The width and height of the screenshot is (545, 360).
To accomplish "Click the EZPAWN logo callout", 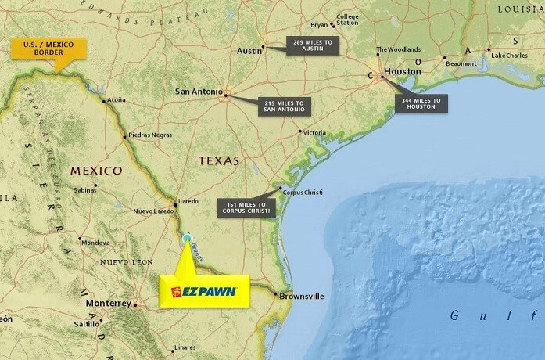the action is pyautogui.click(x=203, y=291).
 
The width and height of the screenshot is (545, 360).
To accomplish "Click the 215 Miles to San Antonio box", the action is pyautogui.click(x=287, y=106).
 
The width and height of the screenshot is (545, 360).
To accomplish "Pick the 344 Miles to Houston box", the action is pyautogui.click(x=421, y=103).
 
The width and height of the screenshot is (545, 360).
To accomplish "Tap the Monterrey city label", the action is pyautogui.click(x=108, y=303).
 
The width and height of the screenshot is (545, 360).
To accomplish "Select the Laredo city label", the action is pyautogui.click(x=189, y=200).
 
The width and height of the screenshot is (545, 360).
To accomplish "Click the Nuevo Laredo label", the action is pyautogui.click(x=153, y=211).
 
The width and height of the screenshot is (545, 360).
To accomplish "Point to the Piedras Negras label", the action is pyautogui.click(x=149, y=135).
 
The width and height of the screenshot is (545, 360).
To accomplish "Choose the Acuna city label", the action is pyautogui.click(x=116, y=99).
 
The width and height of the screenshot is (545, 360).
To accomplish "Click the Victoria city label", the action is pyautogui.click(x=314, y=132).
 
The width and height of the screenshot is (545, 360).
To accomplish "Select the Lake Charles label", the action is pyautogui.click(x=509, y=55).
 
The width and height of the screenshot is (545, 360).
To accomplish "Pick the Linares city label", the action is pyautogui.click(x=185, y=347).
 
